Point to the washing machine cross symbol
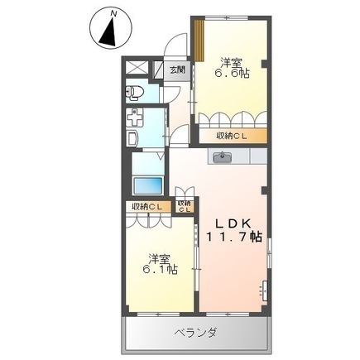[x=136, y=117]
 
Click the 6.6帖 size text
[x=233, y=74]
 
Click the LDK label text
[x=233, y=223]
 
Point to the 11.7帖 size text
[x=233, y=238]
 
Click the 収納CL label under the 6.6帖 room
[x=233, y=136]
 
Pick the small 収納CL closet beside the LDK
[x=185, y=205]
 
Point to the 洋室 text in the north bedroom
[x=232, y=60]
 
